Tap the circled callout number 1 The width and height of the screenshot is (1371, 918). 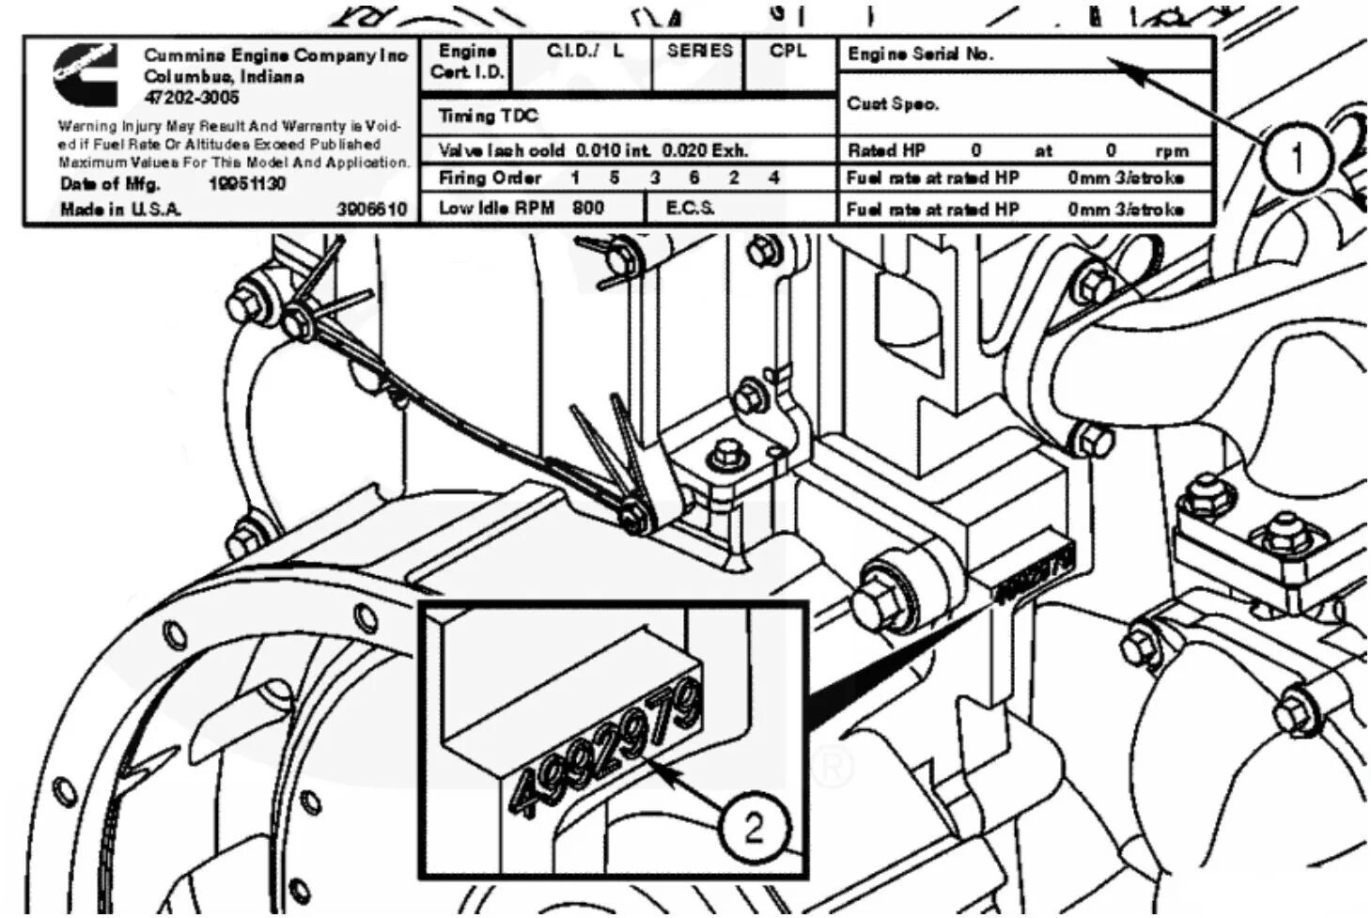[1297, 158]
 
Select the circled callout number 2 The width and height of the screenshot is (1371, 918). [754, 828]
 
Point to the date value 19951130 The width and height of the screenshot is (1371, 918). [246, 183]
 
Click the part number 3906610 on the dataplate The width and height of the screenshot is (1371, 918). [371, 209]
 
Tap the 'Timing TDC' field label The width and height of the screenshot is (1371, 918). [488, 116]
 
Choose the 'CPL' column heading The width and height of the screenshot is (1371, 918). [787, 51]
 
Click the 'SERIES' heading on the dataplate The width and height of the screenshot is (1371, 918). [699, 51]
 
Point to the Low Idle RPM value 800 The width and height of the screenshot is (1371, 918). [588, 208]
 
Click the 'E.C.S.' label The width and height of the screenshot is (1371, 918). [690, 208]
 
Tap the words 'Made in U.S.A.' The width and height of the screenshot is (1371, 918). [120, 209]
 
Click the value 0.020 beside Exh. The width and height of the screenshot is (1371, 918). [684, 149]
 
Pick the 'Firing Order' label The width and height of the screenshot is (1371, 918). [490, 178]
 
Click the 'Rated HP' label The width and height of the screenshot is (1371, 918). [886, 149]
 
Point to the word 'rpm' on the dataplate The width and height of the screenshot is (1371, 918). [1172, 150]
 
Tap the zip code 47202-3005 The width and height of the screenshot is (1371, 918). [192, 97]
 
